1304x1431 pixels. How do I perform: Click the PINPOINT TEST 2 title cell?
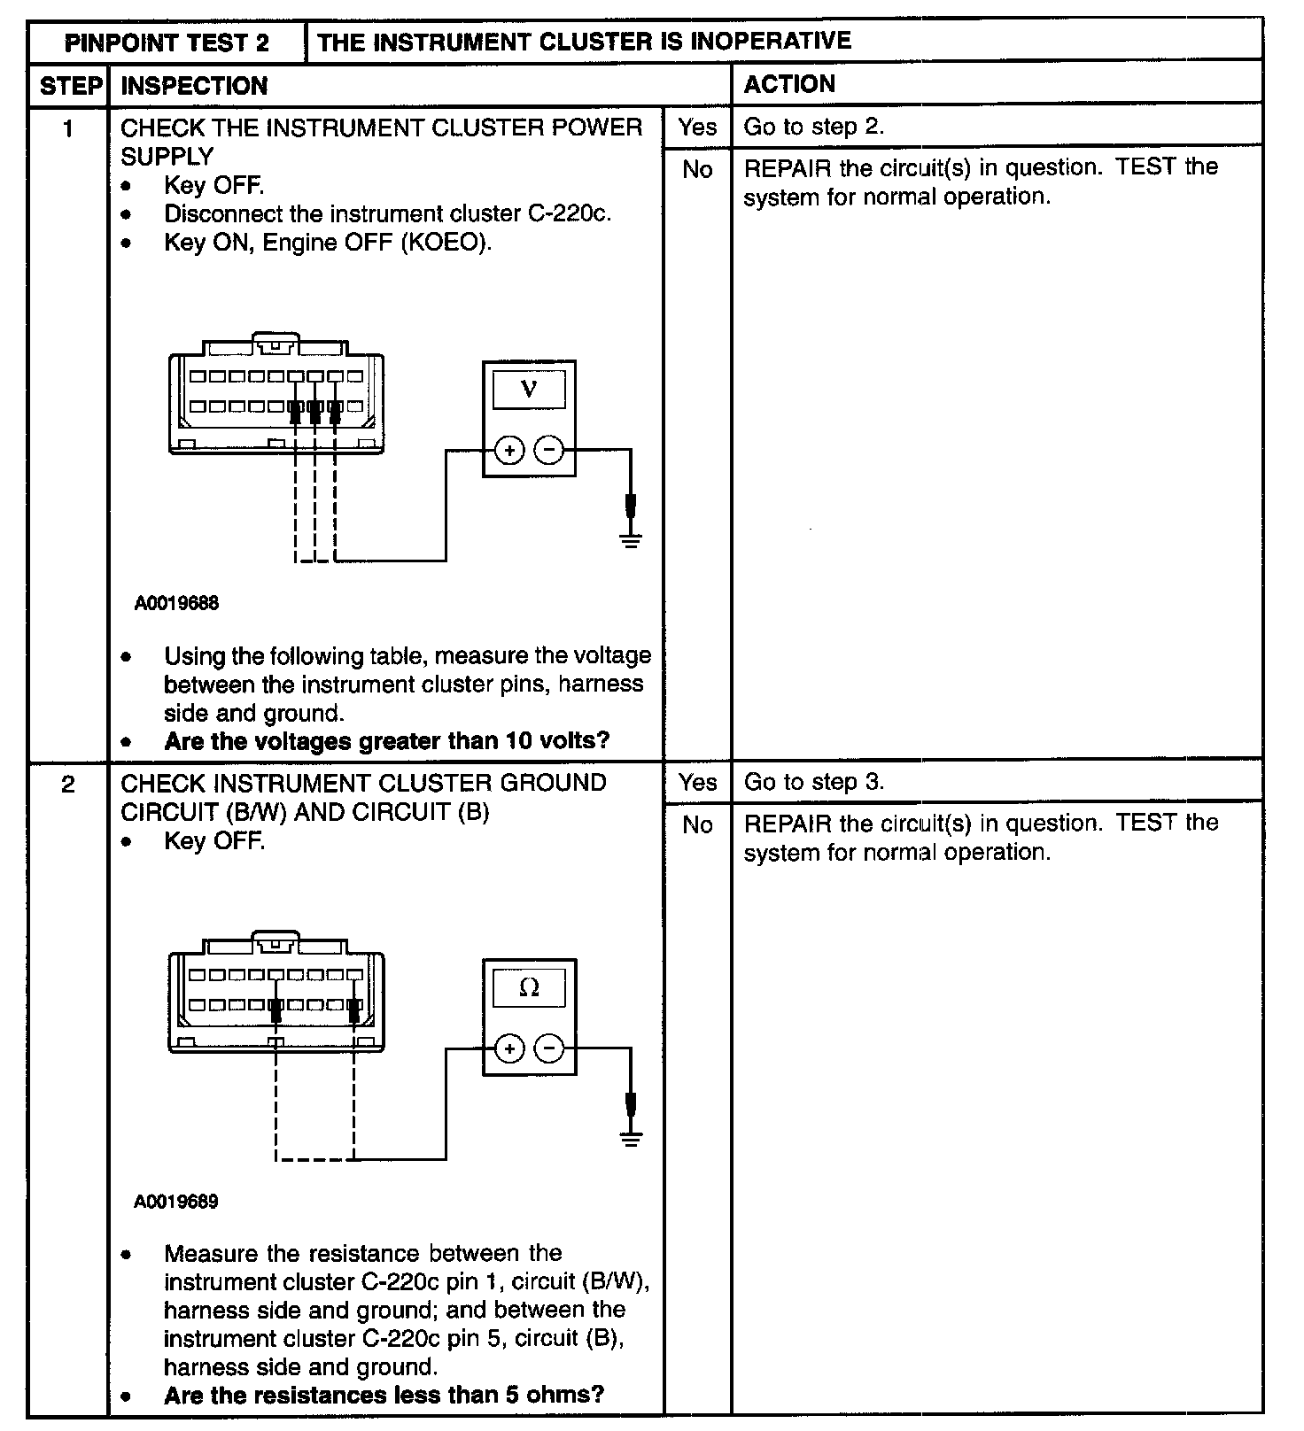click(167, 43)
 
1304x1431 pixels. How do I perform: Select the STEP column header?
click(69, 86)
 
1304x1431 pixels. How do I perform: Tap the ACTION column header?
click(788, 84)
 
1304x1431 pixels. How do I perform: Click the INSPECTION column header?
click(194, 86)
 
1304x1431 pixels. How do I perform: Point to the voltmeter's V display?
click(529, 390)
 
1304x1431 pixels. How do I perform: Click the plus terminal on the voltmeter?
click(508, 451)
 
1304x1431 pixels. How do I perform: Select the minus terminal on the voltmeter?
click(550, 451)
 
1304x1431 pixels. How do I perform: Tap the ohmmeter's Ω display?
click(529, 988)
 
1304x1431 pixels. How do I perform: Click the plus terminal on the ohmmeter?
click(508, 1049)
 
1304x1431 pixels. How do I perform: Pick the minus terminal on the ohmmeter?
click(550, 1049)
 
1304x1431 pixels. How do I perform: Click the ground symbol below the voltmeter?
click(631, 539)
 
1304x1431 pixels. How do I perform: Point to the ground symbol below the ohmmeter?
click(631, 1138)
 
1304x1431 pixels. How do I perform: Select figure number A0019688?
click(176, 604)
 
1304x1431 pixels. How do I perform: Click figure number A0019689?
click(176, 1202)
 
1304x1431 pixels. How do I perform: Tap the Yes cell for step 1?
click(697, 128)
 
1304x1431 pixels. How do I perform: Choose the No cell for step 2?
click(697, 825)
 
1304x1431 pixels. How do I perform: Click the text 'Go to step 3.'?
click(813, 783)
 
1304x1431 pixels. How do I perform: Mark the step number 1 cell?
click(68, 129)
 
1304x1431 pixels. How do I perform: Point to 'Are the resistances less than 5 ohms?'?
click(384, 1395)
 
